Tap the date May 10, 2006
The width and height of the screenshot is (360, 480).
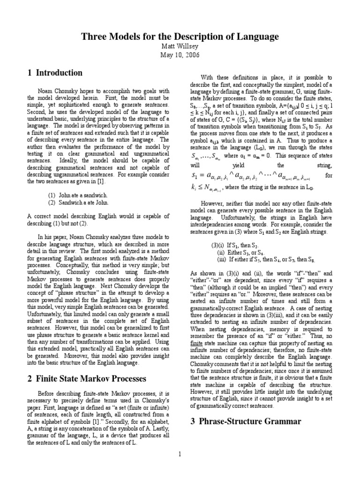(180, 55)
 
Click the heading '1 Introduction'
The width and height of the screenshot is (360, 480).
(55, 73)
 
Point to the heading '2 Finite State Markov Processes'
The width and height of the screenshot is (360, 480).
(87, 378)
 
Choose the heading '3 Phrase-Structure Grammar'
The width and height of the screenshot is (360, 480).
(246, 421)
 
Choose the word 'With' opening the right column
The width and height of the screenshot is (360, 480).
(207, 77)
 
